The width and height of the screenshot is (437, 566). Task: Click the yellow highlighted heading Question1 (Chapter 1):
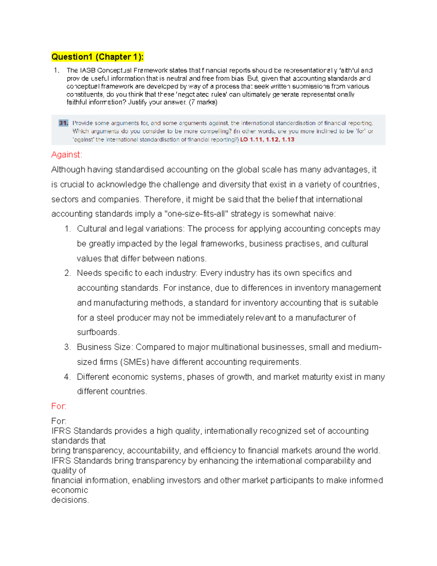[x=97, y=57]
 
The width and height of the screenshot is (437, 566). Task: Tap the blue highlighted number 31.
[x=63, y=123]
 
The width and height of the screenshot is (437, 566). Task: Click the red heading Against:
[x=67, y=155]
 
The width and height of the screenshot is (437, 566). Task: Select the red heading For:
[x=59, y=406]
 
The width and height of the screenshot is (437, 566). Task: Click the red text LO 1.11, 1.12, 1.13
[x=267, y=140]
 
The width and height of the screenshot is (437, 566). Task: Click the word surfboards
[x=97, y=332]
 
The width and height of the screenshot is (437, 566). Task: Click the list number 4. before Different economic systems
[x=67, y=377]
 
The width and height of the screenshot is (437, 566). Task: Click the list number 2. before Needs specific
[x=67, y=273]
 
